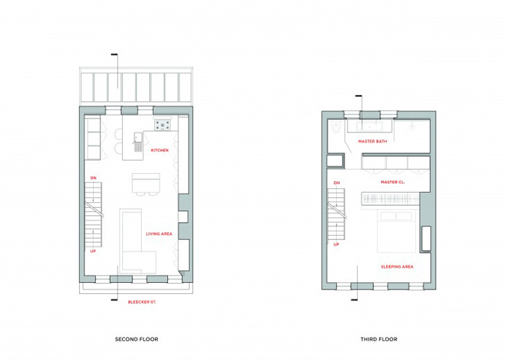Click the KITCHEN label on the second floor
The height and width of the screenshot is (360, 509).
point(160,151)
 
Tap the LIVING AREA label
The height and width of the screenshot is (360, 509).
point(159,233)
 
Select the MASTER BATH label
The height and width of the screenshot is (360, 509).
point(372,142)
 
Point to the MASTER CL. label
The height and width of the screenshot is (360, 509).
point(393,182)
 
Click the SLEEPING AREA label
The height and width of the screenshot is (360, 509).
point(397,267)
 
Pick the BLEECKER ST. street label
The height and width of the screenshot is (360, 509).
point(142,303)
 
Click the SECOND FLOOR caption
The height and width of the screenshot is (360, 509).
point(137,339)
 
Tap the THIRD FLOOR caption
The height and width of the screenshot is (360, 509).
point(379,339)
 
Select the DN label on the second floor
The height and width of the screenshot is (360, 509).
point(93,178)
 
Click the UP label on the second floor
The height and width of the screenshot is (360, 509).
point(93,251)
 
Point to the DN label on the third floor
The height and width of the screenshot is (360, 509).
point(337,183)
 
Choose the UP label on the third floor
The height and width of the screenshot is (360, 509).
point(336,244)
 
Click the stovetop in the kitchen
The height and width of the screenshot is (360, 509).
point(162,124)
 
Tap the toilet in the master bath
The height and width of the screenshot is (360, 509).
point(336,127)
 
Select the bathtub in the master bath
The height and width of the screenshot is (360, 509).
point(369,126)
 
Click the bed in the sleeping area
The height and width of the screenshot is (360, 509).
point(397,231)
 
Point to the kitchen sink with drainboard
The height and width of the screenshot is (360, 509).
point(137,142)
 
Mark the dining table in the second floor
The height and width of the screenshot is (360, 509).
point(146,183)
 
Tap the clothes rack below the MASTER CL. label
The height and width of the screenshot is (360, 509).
point(391,199)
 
